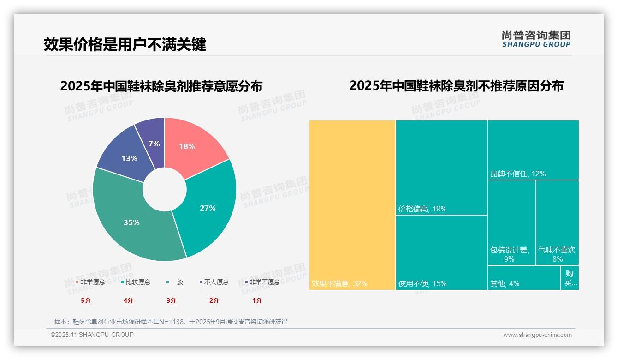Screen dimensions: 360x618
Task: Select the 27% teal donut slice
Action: [x=210, y=208]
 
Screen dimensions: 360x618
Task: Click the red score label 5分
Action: [x=86, y=300]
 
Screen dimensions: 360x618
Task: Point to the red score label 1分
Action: [x=257, y=300]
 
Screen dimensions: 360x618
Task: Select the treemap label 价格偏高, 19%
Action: [x=422, y=209]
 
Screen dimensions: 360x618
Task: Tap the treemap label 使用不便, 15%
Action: [x=422, y=284]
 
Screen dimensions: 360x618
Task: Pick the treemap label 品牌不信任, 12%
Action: [x=518, y=174]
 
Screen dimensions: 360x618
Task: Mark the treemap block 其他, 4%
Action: [x=524, y=278]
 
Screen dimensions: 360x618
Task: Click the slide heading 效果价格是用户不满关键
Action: [x=125, y=45]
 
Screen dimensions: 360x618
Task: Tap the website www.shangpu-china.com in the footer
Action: [x=537, y=335]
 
